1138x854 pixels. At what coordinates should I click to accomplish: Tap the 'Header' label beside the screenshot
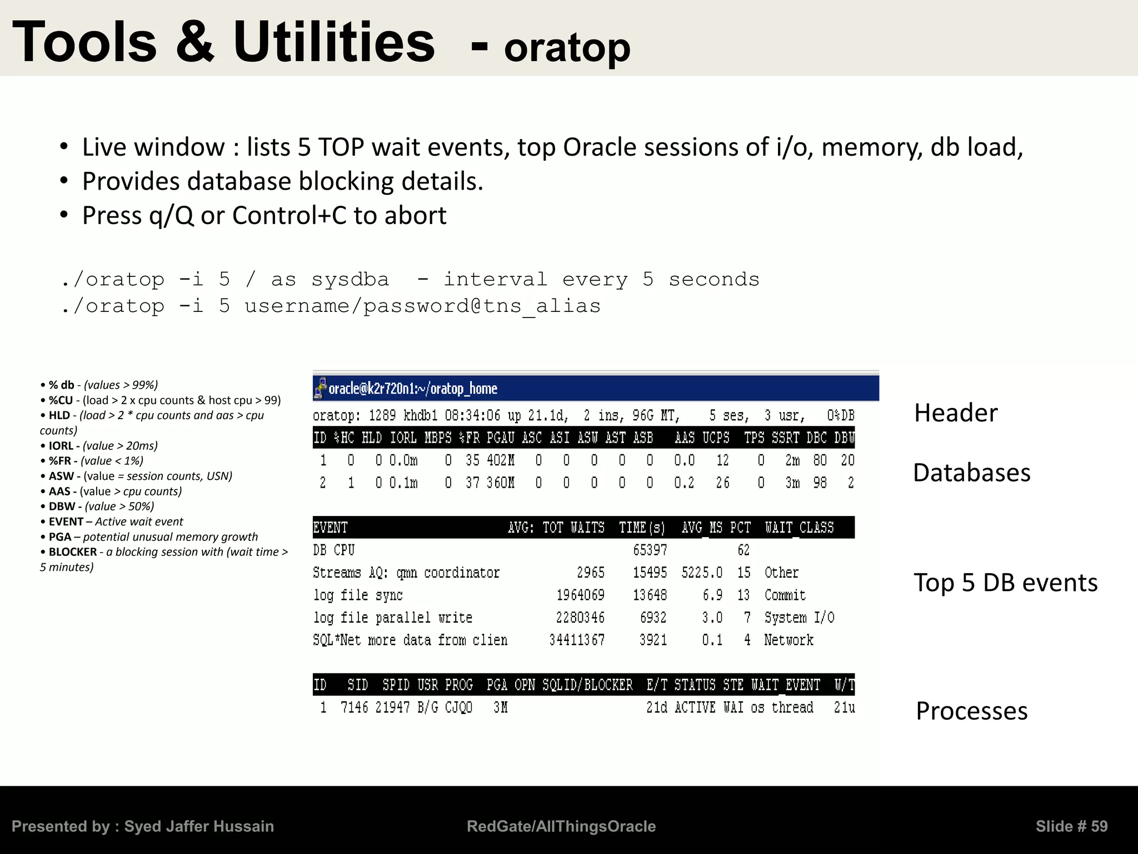956,414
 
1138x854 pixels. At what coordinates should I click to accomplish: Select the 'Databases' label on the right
971,473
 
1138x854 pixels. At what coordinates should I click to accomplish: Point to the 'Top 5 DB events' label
1005,583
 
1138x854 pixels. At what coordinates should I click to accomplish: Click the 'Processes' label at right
971,712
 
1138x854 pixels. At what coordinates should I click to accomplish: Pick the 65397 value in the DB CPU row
650,550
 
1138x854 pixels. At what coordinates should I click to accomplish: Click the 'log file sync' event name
358,595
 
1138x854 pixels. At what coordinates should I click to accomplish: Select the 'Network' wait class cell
788,640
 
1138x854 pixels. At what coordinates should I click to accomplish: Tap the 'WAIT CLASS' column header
799,528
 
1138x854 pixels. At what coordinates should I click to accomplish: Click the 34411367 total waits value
576,640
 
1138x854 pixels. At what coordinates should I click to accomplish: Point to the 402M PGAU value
500,460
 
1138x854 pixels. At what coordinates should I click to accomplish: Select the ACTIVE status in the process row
695,708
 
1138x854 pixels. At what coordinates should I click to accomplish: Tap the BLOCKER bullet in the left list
72,552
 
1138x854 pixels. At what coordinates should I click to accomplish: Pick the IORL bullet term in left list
61,446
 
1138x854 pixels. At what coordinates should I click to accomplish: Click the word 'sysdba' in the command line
350,280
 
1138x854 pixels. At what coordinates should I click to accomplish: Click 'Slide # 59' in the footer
1071,826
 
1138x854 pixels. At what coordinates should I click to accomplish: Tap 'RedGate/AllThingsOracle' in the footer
561,826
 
